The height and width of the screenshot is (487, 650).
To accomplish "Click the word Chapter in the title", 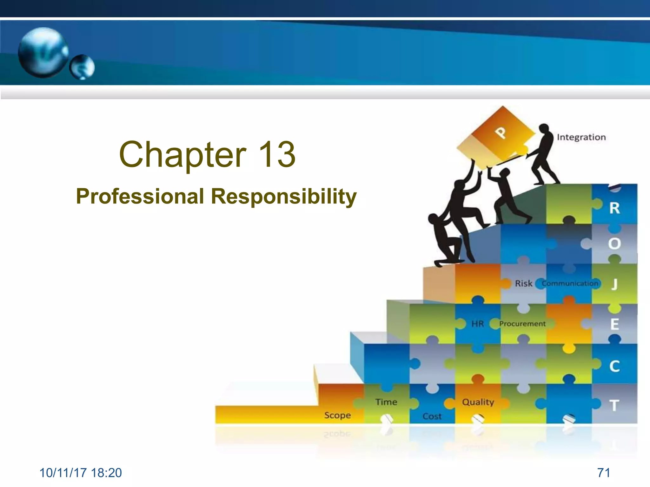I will click(182, 154).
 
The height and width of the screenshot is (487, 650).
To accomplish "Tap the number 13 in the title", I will click(277, 154).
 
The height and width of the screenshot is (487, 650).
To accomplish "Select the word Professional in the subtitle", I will click(140, 196).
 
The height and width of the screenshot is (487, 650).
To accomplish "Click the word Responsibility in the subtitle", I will click(284, 197).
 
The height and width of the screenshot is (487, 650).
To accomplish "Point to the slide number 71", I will click(603, 473).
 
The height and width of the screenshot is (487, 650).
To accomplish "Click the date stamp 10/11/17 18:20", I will click(81, 473).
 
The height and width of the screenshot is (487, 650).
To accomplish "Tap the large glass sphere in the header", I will click(43, 52).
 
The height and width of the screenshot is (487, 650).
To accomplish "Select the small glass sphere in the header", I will click(82, 67).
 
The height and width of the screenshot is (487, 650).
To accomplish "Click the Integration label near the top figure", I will click(581, 137).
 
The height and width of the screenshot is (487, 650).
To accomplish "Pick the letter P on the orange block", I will click(501, 133).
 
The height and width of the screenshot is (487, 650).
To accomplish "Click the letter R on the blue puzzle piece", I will click(614, 208).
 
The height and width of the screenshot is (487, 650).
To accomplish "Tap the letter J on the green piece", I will click(615, 284).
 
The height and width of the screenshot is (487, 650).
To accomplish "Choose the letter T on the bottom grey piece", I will click(614, 406).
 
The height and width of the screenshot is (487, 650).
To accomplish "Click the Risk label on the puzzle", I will click(524, 283).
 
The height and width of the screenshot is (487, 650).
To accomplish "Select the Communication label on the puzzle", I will click(570, 283).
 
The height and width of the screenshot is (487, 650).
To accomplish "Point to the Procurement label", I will click(522, 324).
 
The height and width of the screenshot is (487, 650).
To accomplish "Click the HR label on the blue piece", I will click(477, 324).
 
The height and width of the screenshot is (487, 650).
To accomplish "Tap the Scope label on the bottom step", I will click(337, 415).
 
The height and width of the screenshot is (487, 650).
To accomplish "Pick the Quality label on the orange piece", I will click(478, 402).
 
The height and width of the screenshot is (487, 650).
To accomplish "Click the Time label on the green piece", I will click(386, 402).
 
